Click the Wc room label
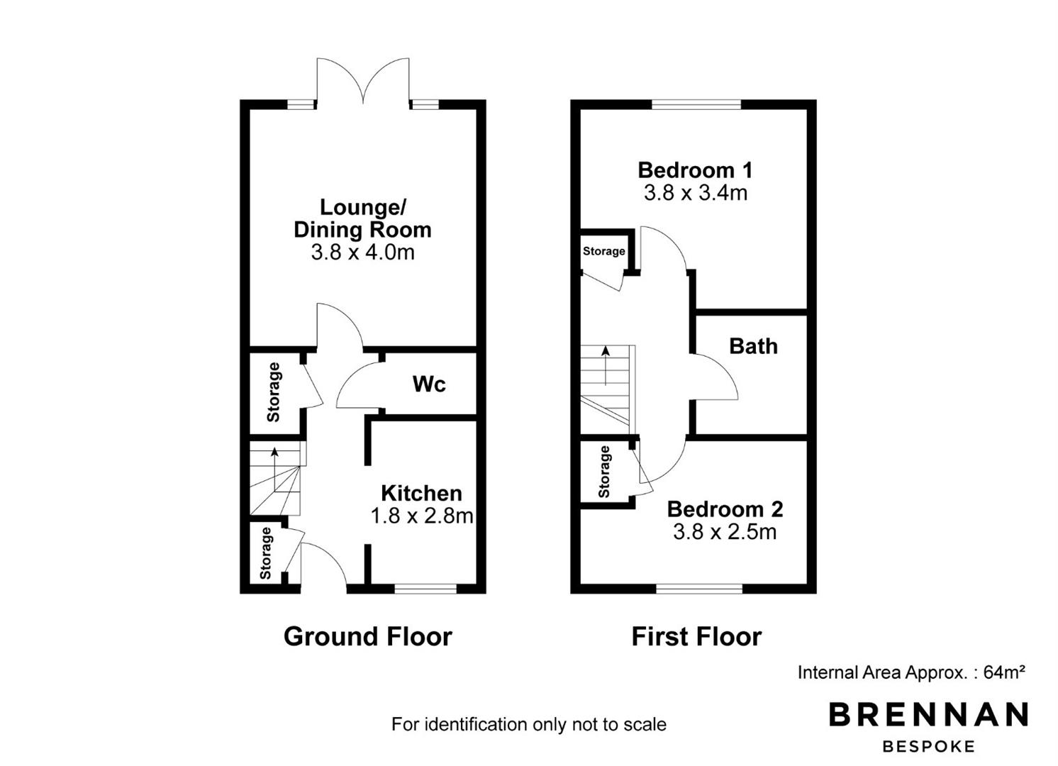429,384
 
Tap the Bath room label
753,346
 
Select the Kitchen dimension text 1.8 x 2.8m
422,516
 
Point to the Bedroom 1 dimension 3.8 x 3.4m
696,193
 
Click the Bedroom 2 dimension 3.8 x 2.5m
725,532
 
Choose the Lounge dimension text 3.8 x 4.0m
363,252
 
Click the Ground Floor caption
368,636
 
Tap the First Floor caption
696,636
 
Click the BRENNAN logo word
928,714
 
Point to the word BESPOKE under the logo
928,747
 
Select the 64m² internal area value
1004,672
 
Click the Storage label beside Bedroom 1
603,251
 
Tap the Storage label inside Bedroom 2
604,472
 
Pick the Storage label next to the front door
265,553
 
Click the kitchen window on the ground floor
425,588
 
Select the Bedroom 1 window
696,104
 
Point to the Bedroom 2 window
699,588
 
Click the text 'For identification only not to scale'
529,724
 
